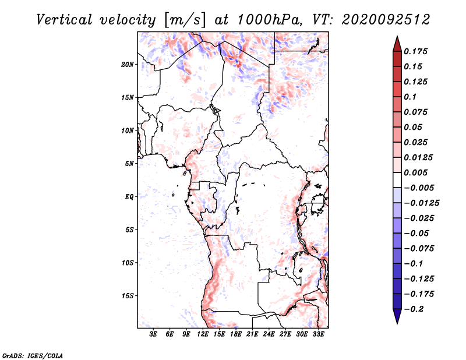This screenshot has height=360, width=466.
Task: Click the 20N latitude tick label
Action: (128, 64)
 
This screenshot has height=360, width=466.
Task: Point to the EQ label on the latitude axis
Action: (129, 196)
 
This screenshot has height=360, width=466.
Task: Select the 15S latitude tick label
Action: (128, 296)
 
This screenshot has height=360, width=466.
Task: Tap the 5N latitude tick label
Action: (129, 164)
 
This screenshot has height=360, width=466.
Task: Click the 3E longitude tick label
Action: (153, 334)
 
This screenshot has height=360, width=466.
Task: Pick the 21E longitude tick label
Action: (252, 334)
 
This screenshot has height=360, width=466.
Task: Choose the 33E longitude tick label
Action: (318, 334)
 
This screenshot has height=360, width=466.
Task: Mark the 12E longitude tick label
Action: (203, 334)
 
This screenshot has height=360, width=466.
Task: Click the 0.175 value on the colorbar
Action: (417, 51)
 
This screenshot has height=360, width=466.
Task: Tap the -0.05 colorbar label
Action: (418, 234)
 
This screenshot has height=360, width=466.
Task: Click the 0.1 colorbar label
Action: (411, 97)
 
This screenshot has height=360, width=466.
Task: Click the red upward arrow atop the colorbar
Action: (396, 43)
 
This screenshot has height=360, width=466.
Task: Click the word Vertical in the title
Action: (64, 20)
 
